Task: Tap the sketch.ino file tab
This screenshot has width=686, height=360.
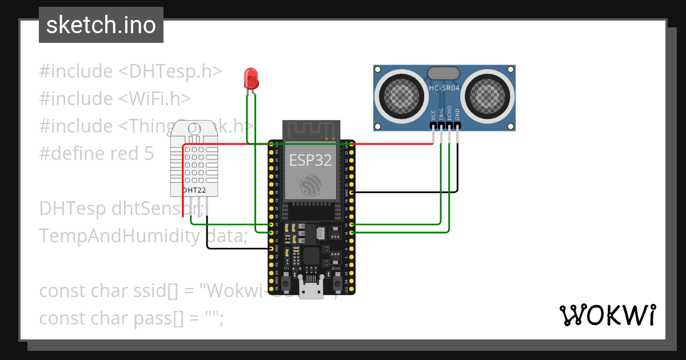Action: pos(101,25)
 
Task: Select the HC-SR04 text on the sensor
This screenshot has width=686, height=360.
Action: pos(444,88)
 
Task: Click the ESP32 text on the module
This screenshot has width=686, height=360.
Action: pos(310,160)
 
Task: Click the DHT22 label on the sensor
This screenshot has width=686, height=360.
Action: pos(194,190)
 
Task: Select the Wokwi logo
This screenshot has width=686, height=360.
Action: pos(607,315)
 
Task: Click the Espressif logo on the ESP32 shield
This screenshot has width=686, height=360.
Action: pos(310,185)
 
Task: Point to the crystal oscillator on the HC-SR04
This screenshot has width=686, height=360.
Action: pos(443,73)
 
